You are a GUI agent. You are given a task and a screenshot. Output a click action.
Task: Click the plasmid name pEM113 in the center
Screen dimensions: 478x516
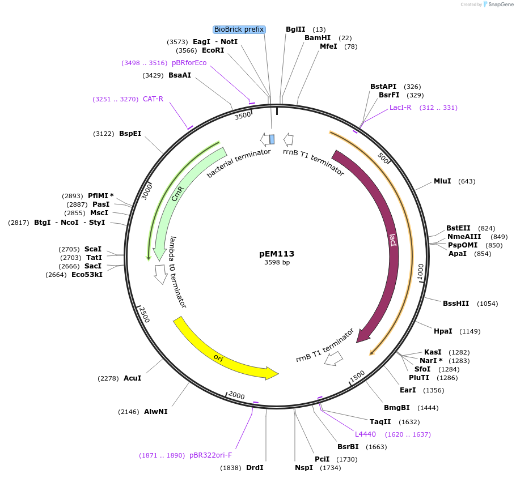[277, 254]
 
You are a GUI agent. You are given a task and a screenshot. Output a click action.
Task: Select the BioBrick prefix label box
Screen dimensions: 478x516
[239, 29]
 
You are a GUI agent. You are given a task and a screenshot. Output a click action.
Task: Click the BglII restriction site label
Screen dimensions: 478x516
[295, 29]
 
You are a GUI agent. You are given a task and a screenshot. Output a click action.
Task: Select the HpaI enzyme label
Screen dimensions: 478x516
[443, 331]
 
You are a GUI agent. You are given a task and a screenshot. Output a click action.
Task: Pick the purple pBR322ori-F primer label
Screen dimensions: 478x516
[211, 455]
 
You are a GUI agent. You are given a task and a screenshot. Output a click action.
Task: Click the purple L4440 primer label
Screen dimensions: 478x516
[365, 434]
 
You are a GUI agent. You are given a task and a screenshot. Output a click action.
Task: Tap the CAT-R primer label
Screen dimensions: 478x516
[153, 99]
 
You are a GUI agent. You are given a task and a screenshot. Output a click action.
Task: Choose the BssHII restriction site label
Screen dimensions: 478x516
[456, 304]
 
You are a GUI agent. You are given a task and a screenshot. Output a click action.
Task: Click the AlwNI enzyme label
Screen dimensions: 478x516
[156, 412]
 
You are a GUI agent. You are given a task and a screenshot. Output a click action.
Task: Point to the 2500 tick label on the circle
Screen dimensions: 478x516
[145, 315]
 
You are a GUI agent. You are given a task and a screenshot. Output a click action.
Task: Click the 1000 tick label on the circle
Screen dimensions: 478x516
[420, 271]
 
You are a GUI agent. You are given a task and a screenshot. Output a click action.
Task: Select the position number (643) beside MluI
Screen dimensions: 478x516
[467, 181]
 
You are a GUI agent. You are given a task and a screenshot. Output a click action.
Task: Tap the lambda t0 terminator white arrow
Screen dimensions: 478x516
[160, 274]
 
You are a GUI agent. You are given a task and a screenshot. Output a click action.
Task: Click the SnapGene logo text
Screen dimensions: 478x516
[501, 5]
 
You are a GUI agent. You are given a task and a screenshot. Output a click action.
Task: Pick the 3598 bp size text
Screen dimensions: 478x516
[277, 263]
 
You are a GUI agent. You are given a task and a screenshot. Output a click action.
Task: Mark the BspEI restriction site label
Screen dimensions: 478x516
[130, 134]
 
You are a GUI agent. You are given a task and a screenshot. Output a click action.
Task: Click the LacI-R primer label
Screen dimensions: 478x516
[400, 108]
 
